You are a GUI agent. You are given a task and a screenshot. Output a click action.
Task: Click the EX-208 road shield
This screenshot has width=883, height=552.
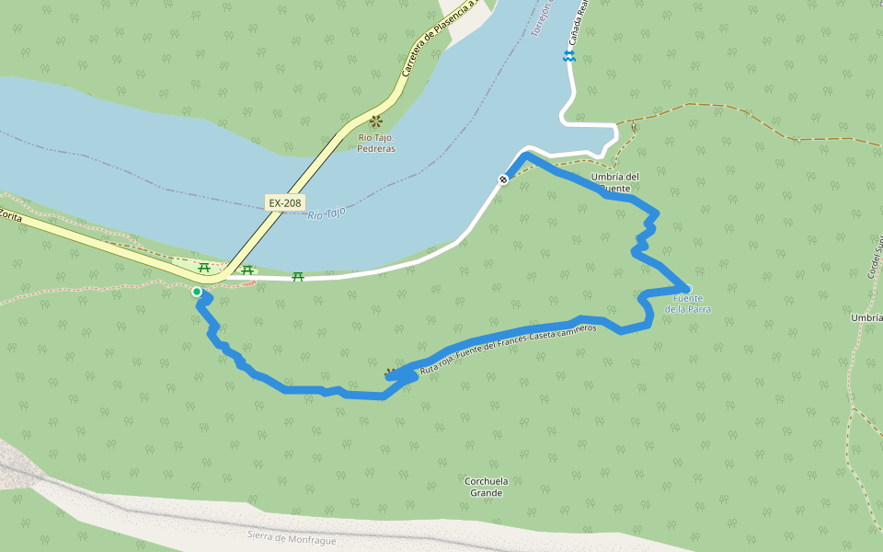[x=285, y=201]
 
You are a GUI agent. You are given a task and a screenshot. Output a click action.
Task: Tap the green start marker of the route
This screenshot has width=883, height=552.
[x=197, y=292]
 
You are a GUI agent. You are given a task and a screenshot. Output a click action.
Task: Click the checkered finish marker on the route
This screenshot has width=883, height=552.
[x=504, y=178]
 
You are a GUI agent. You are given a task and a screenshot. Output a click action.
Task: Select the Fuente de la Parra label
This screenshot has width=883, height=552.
[x=688, y=304]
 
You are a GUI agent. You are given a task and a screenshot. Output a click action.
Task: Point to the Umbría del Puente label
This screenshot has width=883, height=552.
[x=615, y=182]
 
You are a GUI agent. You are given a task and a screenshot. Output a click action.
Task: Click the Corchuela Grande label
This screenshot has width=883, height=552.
[x=486, y=487]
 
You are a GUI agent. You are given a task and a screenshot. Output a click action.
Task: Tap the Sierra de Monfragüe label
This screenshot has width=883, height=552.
[x=292, y=538]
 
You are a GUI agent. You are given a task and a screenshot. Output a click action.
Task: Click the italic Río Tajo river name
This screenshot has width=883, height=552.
[x=327, y=213]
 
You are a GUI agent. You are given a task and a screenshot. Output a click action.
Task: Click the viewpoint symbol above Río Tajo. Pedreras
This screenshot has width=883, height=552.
[x=376, y=121]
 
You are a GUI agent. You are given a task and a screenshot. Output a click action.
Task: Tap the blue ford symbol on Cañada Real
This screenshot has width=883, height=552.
[x=569, y=57]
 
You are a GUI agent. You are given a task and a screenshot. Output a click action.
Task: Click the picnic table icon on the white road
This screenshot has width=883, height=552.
[x=298, y=276]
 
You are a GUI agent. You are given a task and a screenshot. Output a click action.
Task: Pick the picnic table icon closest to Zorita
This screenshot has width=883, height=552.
[x=204, y=268]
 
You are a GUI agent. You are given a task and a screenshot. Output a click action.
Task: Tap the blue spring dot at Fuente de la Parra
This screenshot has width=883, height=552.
[x=688, y=288]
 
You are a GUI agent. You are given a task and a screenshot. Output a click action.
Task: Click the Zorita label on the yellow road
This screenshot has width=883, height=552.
[x=10, y=215]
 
